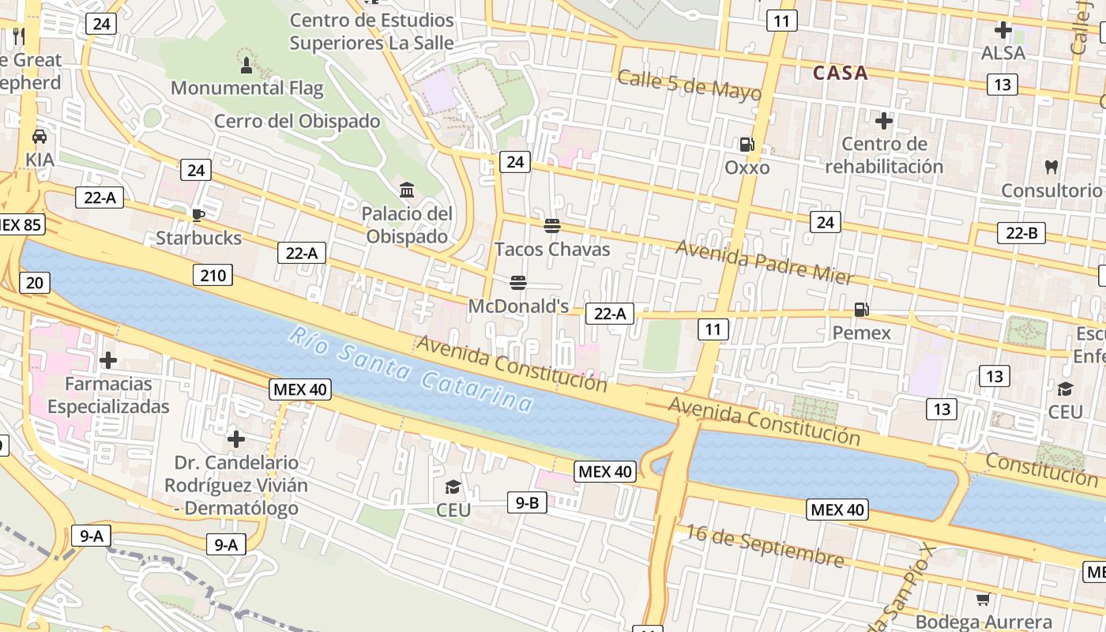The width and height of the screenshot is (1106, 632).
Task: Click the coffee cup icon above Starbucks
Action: pyautogui.click(x=197, y=214)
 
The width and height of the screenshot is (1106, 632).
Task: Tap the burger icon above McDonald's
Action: pyautogui.click(x=518, y=282)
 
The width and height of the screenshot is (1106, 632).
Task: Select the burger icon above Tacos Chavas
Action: pyautogui.click(x=552, y=225)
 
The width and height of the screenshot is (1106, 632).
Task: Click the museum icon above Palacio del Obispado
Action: pyautogui.click(x=407, y=190)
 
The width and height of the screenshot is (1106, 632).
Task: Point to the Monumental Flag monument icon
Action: pyautogui.click(x=246, y=64)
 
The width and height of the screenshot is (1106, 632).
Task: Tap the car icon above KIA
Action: pyautogui.click(x=39, y=136)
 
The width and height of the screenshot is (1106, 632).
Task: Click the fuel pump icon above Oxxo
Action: pyautogui.click(x=747, y=144)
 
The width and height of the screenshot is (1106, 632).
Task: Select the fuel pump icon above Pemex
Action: pyautogui.click(x=861, y=310)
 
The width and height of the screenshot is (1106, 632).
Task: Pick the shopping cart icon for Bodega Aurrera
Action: pyautogui.click(x=983, y=599)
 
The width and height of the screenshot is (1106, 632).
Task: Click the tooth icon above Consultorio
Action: pyautogui.click(x=1051, y=167)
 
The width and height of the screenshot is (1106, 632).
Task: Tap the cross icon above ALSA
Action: pyautogui.click(x=1003, y=30)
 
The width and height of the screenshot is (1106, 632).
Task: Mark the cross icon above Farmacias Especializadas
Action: pyautogui.click(x=108, y=360)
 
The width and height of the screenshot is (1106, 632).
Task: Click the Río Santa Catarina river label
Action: pyautogui.click(x=411, y=370)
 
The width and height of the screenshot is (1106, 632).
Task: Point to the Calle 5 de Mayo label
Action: pyautogui.click(x=689, y=85)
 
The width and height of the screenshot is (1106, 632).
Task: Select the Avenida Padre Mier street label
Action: pyautogui.click(x=764, y=261)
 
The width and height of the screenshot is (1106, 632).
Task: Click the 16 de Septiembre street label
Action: pyautogui.click(x=764, y=545)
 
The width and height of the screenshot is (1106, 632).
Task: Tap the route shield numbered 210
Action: pyautogui.click(x=213, y=275)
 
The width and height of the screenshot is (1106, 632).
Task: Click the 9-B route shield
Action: pyautogui.click(x=527, y=502)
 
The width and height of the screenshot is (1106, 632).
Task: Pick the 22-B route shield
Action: pyautogui.click(x=1021, y=232)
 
